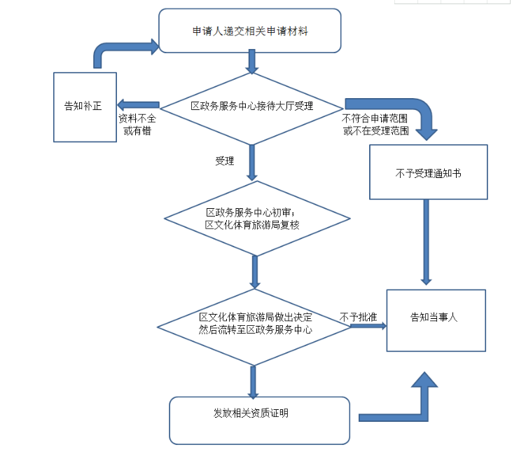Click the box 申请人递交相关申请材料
[x=250, y=31]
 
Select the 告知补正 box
[x=85, y=107]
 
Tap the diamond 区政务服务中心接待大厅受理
[x=251, y=107]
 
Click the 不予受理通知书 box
[x=427, y=172]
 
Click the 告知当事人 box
[x=435, y=319]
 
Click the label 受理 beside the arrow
[x=225, y=160]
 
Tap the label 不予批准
[x=358, y=317]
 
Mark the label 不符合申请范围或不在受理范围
[x=375, y=125]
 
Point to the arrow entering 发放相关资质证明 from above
[x=253, y=381]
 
